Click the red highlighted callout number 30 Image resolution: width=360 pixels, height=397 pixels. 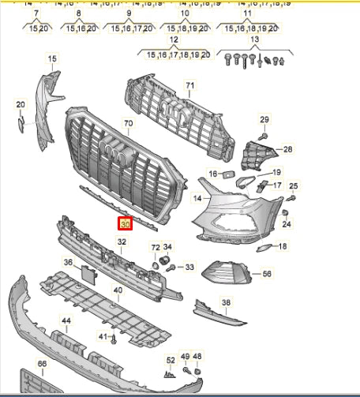click(x=125, y=224)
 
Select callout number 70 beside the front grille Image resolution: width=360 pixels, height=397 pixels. click(x=129, y=124)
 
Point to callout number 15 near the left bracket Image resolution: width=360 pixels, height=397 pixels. click(x=52, y=59)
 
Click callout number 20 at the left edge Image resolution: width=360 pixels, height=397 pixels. click(x=21, y=104)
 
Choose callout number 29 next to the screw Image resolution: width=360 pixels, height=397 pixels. click(x=265, y=119)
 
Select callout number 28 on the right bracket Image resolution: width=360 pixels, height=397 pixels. click(x=287, y=148)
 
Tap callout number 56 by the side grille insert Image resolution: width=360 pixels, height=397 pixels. click(x=267, y=273)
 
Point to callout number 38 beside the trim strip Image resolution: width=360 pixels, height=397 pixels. click(x=226, y=302)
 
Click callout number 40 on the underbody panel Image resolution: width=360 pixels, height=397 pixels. click(x=118, y=290)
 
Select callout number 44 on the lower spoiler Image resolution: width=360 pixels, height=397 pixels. click(x=66, y=320)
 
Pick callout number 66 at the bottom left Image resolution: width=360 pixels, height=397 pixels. click(x=42, y=364)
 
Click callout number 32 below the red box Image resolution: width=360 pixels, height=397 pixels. click(x=122, y=242)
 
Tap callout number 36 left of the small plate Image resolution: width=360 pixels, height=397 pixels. click(x=68, y=262)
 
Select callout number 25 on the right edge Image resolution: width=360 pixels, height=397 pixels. click(x=293, y=186)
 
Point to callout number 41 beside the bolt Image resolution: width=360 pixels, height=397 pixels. click(x=102, y=336)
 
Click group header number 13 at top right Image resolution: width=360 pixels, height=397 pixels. click(x=254, y=40)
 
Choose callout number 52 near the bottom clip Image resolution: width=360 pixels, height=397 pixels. click(x=170, y=360)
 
